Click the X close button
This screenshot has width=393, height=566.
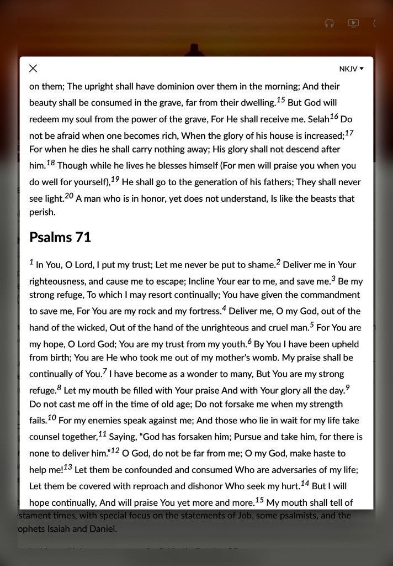tap(33, 69)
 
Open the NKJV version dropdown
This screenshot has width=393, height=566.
tap(352, 69)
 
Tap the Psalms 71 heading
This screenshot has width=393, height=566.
tap(60, 237)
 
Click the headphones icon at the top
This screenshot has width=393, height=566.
tap(329, 23)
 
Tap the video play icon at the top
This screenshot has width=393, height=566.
tap(353, 23)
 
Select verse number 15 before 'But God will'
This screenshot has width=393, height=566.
tap(280, 100)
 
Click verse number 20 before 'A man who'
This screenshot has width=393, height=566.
tap(68, 196)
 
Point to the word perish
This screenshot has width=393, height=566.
tap(42, 212)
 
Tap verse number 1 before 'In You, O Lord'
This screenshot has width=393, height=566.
tap(31, 262)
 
